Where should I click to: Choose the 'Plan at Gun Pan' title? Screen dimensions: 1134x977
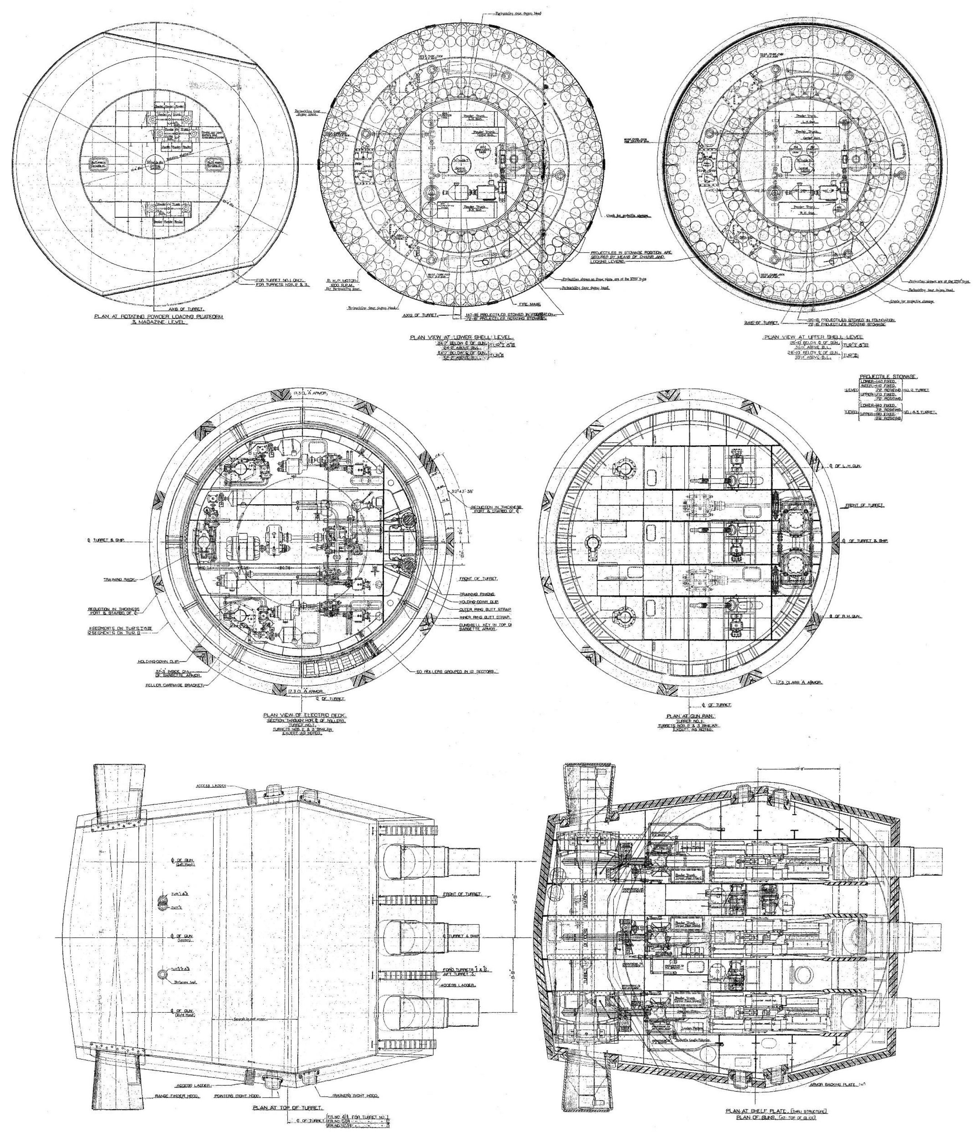click(x=687, y=716)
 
